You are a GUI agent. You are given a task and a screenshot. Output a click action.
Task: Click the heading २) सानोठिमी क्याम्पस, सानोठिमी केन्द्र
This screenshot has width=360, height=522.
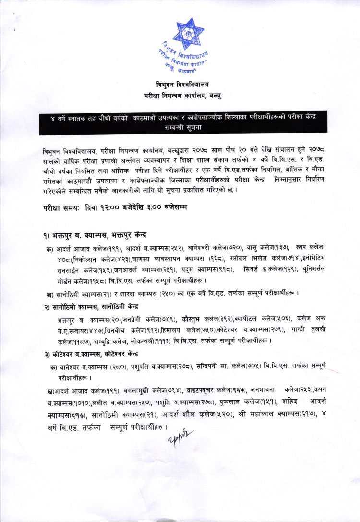point(91,306)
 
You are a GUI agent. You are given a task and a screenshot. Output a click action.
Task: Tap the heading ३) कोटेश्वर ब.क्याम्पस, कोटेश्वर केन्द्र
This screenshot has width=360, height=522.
point(90,354)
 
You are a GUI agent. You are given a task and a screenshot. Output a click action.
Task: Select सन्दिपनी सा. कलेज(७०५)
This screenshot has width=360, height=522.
point(214,367)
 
